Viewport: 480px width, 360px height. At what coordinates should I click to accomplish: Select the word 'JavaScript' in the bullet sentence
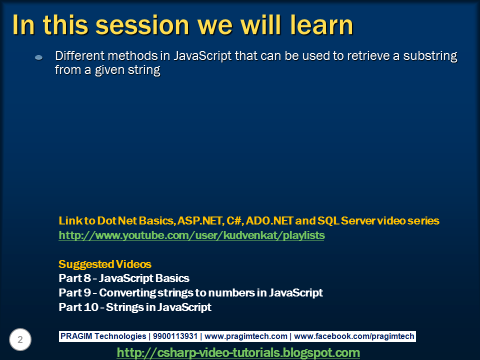click(202, 55)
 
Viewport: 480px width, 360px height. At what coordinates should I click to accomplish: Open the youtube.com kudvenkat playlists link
click(191, 235)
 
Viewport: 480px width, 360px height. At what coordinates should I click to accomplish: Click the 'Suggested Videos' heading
click(105, 264)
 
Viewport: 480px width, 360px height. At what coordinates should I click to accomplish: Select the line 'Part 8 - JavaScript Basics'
click(124, 278)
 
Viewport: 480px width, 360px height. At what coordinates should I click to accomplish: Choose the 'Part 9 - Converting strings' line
click(190, 293)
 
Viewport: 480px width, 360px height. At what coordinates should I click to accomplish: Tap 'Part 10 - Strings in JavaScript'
click(135, 307)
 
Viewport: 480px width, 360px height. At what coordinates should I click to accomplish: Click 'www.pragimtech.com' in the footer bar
click(246, 336)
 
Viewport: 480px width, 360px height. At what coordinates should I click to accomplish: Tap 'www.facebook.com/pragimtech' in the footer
click(354, 336)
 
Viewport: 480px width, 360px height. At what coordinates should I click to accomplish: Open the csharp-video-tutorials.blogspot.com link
click(238, 352)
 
